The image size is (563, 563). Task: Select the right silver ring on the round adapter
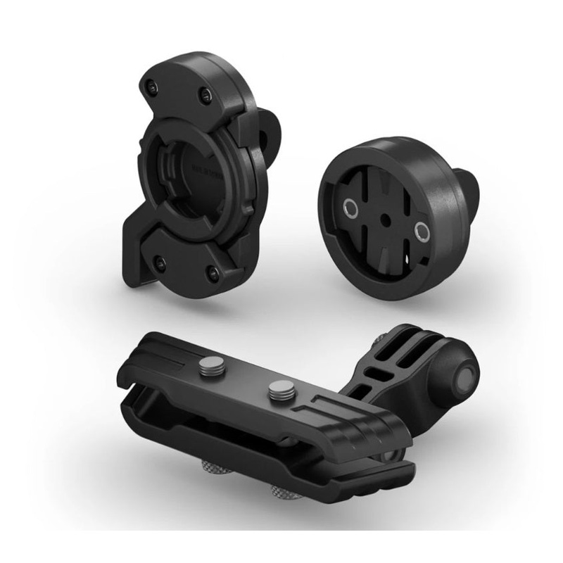coord(421,232)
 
